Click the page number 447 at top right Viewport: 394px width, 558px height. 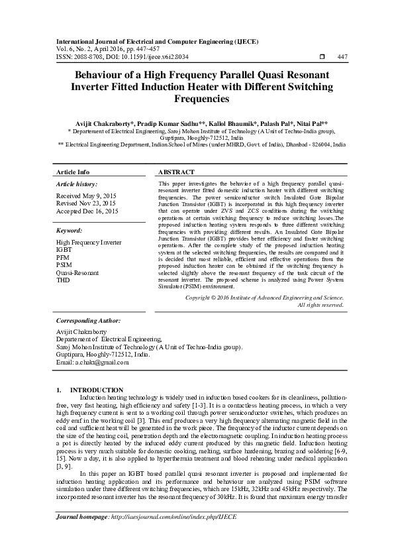tap(342, 57)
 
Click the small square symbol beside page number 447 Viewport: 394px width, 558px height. tap(322, 57)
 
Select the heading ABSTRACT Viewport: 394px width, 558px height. tap(177, 172)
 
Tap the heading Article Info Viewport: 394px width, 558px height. tap(74, 172)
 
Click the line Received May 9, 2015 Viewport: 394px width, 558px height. tap(86, 197)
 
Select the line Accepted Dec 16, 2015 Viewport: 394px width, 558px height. tap(87, 211)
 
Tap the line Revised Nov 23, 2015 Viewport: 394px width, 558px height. tap(86, 204)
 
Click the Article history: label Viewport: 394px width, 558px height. tap(77, 184)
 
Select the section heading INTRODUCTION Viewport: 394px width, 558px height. tap(97, 390)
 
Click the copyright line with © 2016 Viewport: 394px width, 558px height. tap(264, 298)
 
